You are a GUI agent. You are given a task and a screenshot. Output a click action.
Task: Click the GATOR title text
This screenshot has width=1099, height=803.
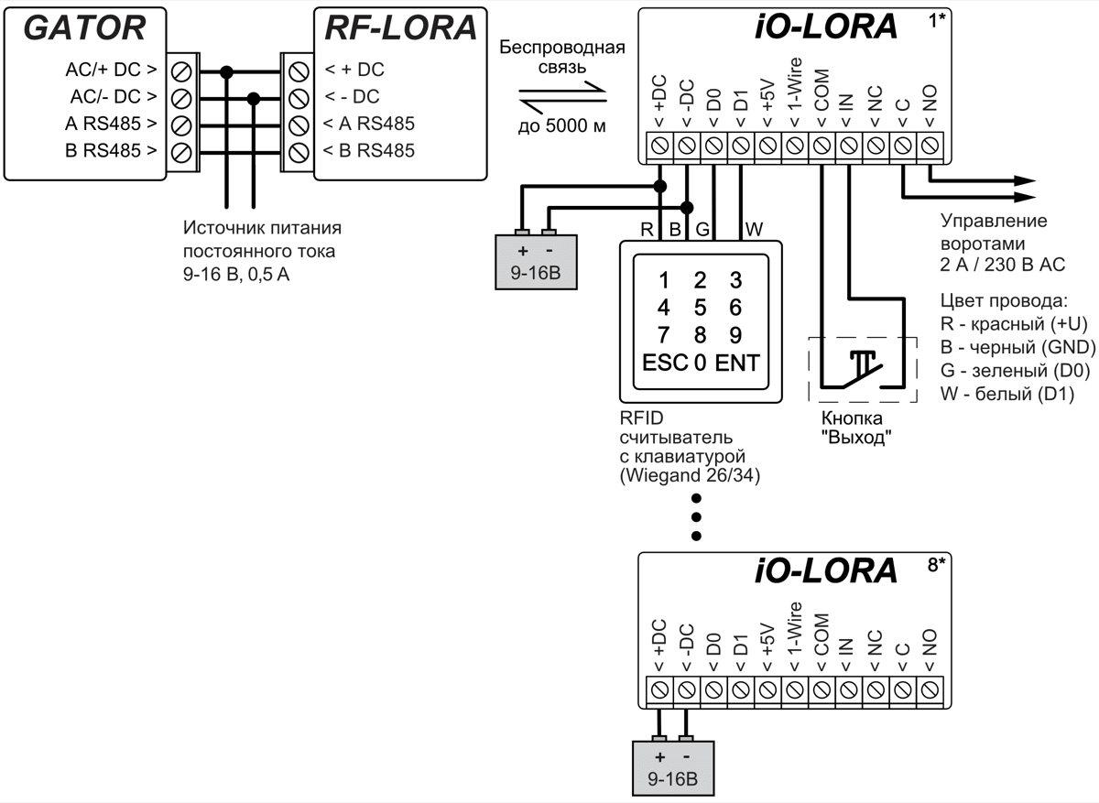(x=83, y=29)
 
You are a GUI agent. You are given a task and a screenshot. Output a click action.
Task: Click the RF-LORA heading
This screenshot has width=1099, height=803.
(x=401, y=29)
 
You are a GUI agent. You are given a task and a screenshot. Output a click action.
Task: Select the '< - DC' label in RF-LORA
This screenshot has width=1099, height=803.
(x=352, y=96)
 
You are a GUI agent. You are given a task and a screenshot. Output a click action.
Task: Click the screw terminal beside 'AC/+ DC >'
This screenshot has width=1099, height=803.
(x=180, y=70)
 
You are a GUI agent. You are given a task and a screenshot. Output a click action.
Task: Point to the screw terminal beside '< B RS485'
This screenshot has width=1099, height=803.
(x=297, y=150)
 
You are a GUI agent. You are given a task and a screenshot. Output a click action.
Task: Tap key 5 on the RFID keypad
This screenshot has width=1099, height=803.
(x=700, y=307)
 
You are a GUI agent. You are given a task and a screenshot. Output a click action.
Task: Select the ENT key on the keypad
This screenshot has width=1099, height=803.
(x=737, y=362)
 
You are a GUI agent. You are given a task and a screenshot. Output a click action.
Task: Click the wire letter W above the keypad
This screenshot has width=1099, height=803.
(x=753, y=228)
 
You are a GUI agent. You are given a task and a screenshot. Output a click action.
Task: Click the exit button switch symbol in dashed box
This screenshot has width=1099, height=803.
(x=862, y=369)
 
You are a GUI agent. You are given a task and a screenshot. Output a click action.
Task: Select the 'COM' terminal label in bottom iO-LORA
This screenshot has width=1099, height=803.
(x=821, y=635)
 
